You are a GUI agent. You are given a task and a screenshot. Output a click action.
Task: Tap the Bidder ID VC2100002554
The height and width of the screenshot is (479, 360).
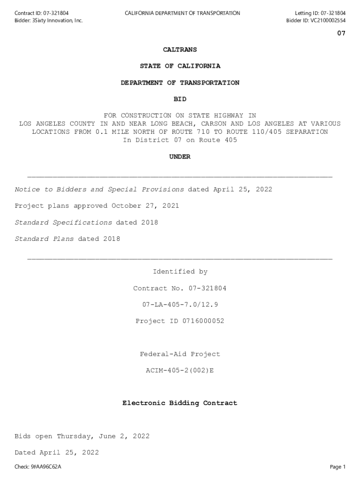coord(328,21)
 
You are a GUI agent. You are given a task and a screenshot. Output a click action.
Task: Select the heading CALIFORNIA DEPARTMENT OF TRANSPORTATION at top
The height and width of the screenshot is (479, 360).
coord(182,13)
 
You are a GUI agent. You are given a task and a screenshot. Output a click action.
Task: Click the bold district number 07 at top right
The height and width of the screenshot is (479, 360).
coord(341,33)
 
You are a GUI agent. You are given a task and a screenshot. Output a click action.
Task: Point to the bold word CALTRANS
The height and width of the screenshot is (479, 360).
coord(180,50)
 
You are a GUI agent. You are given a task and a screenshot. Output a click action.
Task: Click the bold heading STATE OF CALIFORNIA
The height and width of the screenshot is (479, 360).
coord(180,66)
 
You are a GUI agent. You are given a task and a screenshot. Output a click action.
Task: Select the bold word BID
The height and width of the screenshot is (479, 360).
coord(180,99)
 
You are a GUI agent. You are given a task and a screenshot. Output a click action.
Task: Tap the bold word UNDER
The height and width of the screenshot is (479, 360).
coord(180,157)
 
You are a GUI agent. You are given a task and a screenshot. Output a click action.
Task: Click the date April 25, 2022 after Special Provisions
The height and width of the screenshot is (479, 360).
coord(243,189)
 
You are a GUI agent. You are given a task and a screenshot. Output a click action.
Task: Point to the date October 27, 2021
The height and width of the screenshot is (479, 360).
coord(145,206)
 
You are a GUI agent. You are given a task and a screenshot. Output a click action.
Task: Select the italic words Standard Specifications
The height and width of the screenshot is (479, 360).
coord(64,222)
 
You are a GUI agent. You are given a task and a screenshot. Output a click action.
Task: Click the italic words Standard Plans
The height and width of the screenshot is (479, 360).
coord(44,239)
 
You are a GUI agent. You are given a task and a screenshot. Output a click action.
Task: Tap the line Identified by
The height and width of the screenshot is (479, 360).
coord(180,272)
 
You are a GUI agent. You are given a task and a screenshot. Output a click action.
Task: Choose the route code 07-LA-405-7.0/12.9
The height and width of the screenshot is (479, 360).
coord(180,305)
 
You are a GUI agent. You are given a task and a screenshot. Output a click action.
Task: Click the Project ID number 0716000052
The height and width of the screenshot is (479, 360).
coord(199,321)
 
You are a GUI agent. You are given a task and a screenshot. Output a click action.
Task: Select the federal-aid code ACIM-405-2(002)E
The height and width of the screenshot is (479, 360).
coord(180,370)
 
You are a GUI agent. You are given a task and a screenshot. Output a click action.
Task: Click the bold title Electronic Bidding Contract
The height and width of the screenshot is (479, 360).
coord(180,403)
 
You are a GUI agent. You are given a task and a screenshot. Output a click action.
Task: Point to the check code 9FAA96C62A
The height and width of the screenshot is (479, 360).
coord(46,467)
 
